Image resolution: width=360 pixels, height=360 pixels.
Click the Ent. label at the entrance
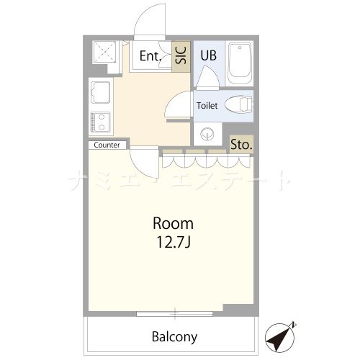coord(150,56)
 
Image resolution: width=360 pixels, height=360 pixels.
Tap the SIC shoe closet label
coord(181,55)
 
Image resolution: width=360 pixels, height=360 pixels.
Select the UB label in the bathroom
coord(208,55)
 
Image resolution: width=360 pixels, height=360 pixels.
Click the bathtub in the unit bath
coord(240,63)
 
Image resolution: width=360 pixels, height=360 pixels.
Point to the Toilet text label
coord(207,106)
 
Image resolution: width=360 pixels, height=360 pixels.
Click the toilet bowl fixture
coord(238,104)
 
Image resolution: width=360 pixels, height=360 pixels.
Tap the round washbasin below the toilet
coord(207,134)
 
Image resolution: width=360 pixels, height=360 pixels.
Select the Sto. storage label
coord(241,145)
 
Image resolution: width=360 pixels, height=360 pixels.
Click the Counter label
coord(107,145)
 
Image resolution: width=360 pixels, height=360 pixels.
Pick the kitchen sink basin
coord(101,92)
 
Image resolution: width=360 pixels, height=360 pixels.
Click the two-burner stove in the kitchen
coord(101,122)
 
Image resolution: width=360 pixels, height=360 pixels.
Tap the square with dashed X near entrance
coord(104,52)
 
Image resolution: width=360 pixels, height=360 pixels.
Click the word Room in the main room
coord(173,224)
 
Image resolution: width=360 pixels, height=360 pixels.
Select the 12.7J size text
coord(174,242)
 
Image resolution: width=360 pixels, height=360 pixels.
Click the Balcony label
coord(174,337)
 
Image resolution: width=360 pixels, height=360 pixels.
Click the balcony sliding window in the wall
coord(175,313)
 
